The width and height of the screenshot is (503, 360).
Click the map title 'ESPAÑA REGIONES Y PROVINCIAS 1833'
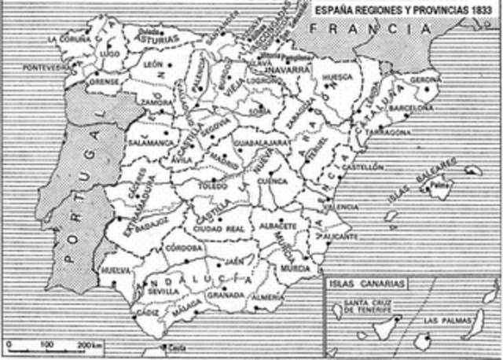405,8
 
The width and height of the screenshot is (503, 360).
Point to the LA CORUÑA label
65,38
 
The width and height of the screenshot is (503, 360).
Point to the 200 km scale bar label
92,345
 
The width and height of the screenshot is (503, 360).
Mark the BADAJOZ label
152,222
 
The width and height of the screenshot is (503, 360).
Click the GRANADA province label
225,296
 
